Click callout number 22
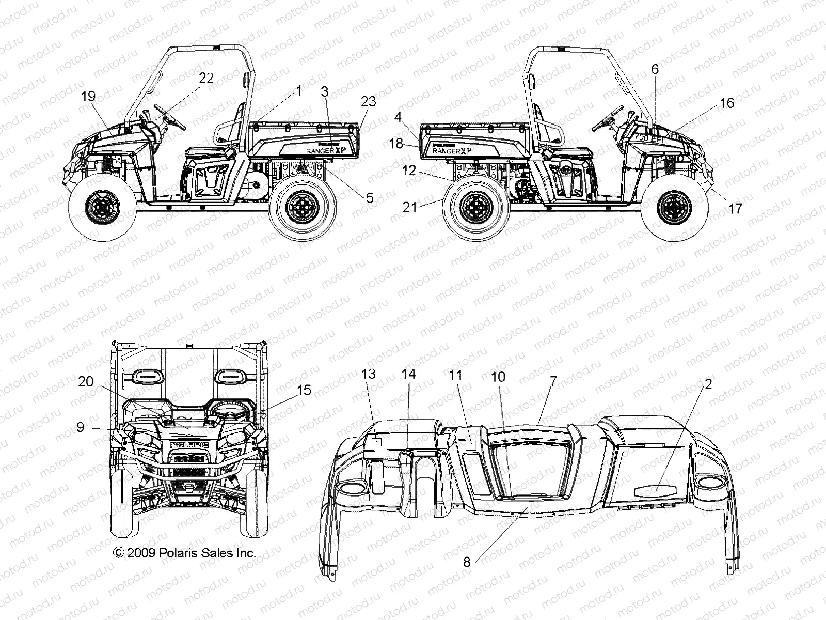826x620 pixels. pos(206,78)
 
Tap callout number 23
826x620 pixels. pos(369,102)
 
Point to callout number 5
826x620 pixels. pos(370,197)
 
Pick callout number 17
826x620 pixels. pos(735,208)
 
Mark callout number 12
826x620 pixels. pos(409,171)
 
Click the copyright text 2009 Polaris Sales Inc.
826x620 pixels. pos(184,553)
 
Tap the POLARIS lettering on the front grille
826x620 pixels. pos(189,444)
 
